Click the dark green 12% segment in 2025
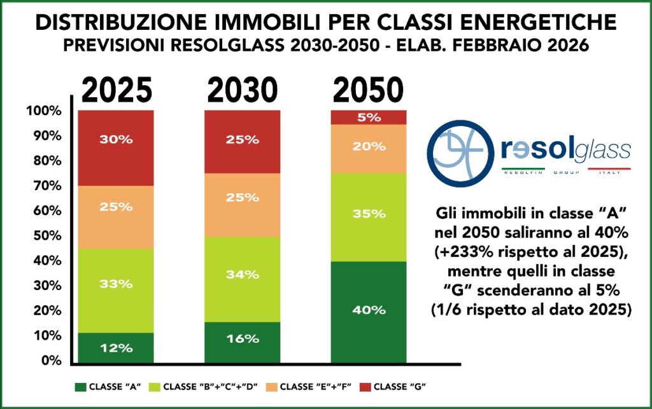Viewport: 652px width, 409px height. tap(115, 348)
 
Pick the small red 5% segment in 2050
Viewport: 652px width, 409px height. tap(369, 117)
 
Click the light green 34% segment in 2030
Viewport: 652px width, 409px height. tap(242, 279)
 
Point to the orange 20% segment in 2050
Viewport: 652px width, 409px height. tap(369, 148)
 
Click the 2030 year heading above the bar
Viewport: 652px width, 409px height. tap(242, 92)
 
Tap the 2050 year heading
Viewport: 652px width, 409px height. tap(369, 92)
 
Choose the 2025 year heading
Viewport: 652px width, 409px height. tap(115, 92)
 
